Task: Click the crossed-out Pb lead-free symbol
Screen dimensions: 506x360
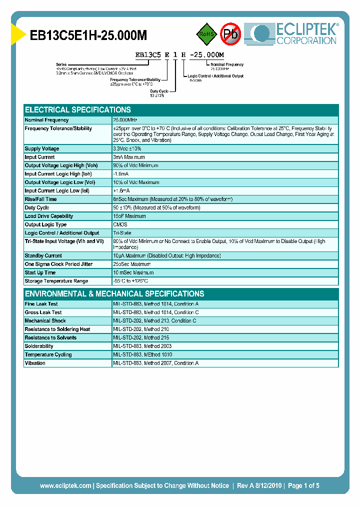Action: (x=230, y=34)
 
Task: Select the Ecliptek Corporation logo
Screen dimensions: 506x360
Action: (x=295, y=33)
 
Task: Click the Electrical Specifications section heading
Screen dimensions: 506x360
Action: (x=78, y=109)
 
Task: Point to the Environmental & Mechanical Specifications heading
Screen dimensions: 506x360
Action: (x=114, y=293)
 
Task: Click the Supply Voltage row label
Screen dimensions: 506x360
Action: (x=42, y=148)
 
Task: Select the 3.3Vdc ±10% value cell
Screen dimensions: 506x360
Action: (x=128, y=148)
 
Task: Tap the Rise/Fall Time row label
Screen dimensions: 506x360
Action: (x=41, y=199)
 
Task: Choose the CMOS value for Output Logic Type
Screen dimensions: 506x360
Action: (x=120, y=224)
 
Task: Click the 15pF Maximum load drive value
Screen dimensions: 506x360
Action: (x=129, y=216)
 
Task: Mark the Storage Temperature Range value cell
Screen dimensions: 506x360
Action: (x=130, y=281)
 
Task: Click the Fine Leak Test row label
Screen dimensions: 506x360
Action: (x=41, y=304)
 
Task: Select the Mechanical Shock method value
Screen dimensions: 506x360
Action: (x=154, y=320)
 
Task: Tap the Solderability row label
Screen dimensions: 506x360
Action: (x=39, y=346)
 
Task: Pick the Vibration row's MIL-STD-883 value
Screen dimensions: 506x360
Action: (x=156, y=363)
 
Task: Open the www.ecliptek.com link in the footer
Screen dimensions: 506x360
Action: (x=65, y=485)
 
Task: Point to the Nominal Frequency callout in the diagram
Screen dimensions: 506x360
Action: (x=227, y=64)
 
